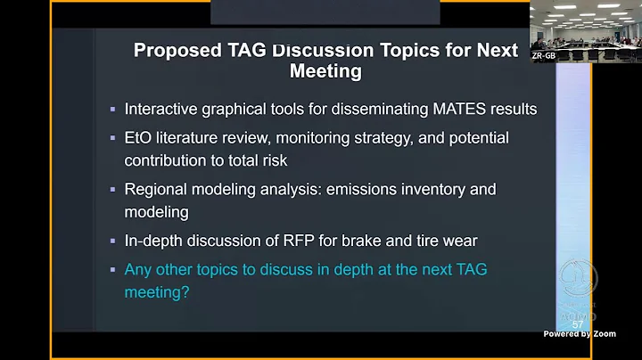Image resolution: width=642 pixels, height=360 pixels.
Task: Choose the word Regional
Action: tap(156, 190)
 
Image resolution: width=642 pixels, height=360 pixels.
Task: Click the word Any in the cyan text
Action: tap(139, 269)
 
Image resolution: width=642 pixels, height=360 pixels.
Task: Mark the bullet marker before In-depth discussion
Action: tap(112, 241)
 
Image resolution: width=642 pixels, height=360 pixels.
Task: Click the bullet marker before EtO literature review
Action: tap(112, 139)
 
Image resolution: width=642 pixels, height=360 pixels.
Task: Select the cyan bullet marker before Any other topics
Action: tap(112, 270)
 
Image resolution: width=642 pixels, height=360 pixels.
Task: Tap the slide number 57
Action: tap(577, 324)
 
